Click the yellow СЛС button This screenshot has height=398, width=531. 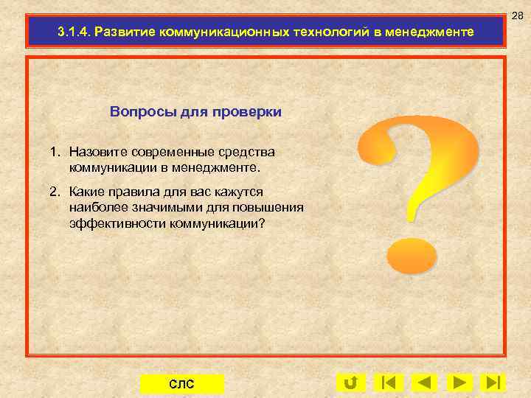(x=181, y=384)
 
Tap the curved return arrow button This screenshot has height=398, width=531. (x=351, y=383)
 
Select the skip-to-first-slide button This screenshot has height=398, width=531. (x=388, y=383)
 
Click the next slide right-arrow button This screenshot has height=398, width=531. (x=460, y=383)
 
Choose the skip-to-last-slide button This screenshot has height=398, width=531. (x=492, y=383)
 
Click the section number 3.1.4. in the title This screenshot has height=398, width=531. (x=74, y=33)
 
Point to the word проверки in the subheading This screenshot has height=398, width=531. (x=246, y=112)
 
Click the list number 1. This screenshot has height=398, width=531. (x=54, y=153)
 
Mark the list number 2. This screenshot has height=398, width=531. (x=54, y=192)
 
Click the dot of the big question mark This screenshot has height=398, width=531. (x=412, y=255)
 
